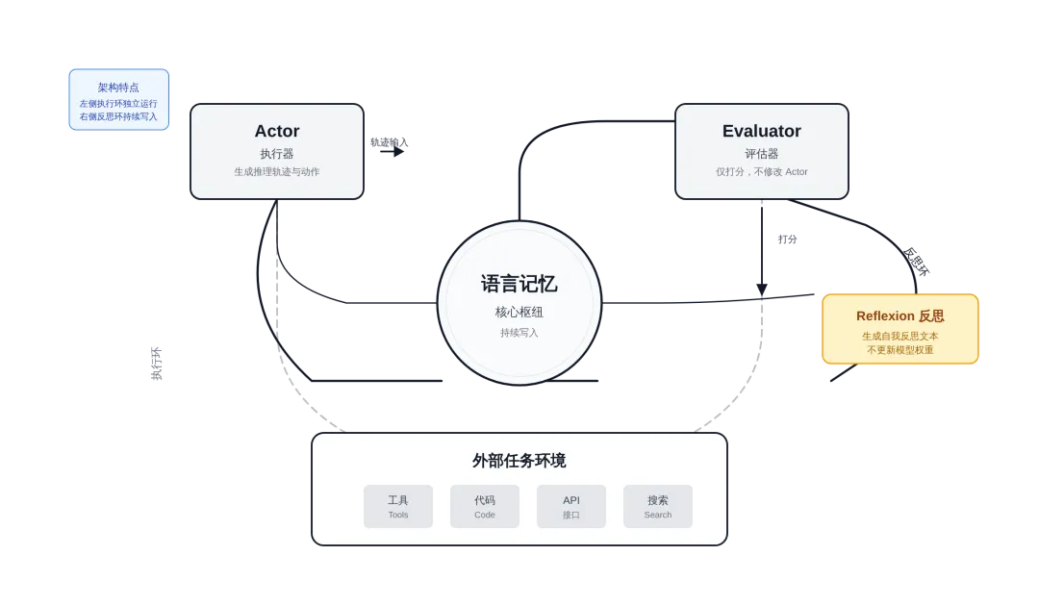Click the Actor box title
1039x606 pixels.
(x=277, y=131)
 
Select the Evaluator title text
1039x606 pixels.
(x=761, y=131)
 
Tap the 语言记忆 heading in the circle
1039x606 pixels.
(x=519, y=284)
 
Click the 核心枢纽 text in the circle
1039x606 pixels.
(x=519, y=313)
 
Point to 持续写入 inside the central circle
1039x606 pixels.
(x=519, y=333)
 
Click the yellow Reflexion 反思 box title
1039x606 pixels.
(x=900, y=316)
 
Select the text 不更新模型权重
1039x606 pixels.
(x=900, y=350)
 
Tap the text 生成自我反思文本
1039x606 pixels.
(x=900, y=337)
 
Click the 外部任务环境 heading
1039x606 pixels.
(x=519, y=461)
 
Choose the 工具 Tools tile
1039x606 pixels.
(x=398, y=506)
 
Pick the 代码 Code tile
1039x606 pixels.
(x=485, y=506)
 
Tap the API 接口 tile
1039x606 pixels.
(x=571, y=506)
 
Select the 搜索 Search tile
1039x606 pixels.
(x=658, y=506)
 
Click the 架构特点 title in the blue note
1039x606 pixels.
(x=118, y=87)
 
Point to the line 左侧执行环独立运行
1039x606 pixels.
(x=118, y=103)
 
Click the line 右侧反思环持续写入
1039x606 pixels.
(x=118, y=116)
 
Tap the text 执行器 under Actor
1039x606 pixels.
(x=277, y=154)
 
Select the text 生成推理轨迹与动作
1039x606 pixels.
(x=277, y=172)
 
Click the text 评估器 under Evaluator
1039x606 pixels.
(x=761, y=154)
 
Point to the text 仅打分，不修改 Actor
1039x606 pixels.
(x=761, y=172)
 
